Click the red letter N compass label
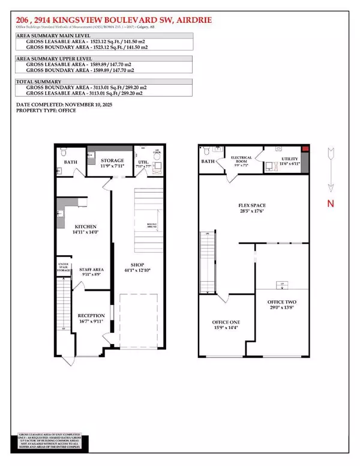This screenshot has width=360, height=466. pos(329,204)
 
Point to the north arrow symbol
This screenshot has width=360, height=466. pos(329,169)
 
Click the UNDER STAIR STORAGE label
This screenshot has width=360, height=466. pos(64,268)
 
